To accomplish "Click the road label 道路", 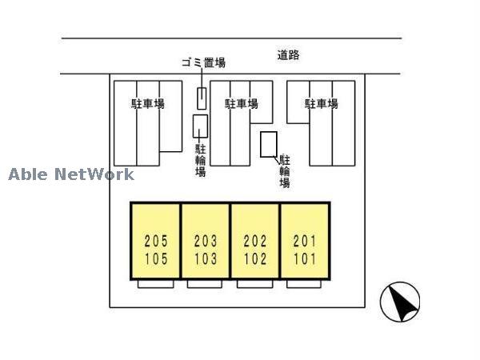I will [288, 55].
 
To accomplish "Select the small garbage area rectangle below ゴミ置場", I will [202, 98].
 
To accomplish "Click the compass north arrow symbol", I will [400, 302].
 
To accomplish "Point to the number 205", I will [156, 240].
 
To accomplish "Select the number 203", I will [206, 240].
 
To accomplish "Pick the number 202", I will [255, 240].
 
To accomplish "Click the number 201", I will [305, 240].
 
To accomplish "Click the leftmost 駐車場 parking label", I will [148, 104].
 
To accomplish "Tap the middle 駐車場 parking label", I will [241, 104].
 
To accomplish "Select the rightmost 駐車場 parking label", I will [321, 104].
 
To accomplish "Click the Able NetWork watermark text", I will [71, 174].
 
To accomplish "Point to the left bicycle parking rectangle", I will [201, 127].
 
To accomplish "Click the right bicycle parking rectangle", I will [269, 144].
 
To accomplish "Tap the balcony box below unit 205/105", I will [156, 284].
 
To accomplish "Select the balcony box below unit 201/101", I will [304, 284].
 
